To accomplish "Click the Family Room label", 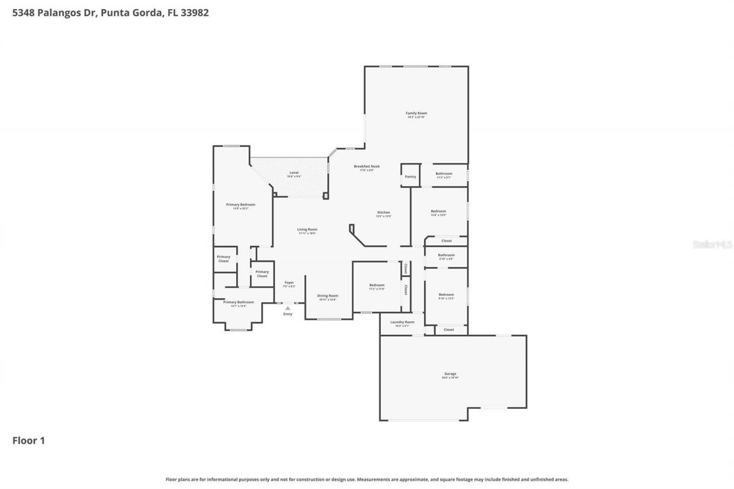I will click(416, 114).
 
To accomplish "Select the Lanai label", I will click(294, 173).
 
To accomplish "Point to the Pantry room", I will click(410, 177).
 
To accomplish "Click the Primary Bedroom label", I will click(240, 205).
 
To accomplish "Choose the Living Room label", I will click(307, 230).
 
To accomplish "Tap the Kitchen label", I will click(383, 213).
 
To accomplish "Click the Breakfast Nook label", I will click(366, 167).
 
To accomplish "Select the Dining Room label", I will click(327, 296).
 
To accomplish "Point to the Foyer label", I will click(289, 283).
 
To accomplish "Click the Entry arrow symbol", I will click(288, 308).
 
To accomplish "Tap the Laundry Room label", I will click(402, 323).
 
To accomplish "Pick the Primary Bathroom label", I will click(238, 303).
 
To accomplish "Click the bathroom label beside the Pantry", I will click(443, 174).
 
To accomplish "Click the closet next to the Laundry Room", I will click(449, 330).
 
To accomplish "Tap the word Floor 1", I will click(29, 440).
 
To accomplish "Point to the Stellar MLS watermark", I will click(713, 244).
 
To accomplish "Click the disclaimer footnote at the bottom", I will click(367, 479).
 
